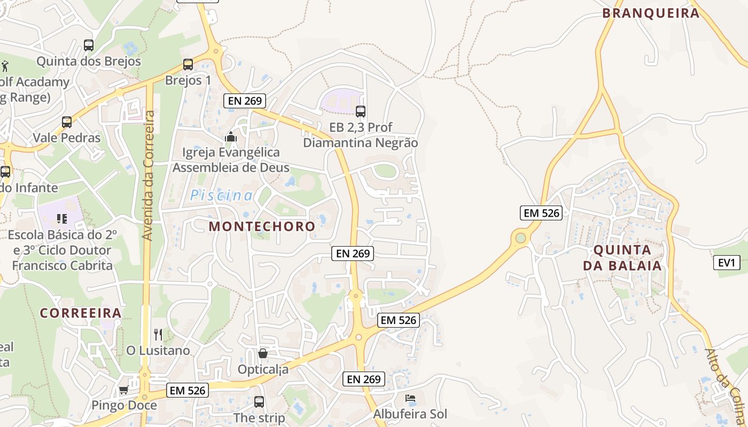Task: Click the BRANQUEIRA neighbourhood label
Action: click(x=651, y=13)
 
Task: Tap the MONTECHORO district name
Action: click(x=262, y=226)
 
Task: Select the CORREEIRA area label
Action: click(x=81, y=313)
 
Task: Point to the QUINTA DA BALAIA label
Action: click(x=622, y=258)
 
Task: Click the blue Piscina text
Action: click(x=222, y=195)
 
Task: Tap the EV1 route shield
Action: click(x=727, y=263)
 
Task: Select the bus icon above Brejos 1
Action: click(x=188, y=65)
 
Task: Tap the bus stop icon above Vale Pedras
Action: click(x=66, y=122)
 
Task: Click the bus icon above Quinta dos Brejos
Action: click(x=89, y=45)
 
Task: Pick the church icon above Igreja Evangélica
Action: click(x=231, y=137)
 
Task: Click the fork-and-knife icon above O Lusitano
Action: click(x=158, y=335)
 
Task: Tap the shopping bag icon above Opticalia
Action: click(x=263, y=353)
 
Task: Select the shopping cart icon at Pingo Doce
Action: click(x=123, y=390)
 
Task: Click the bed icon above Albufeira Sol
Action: click(x=410, y=398)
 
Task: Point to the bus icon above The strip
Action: click(x=259, y=402)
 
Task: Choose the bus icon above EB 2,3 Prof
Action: click(x=361, y=112)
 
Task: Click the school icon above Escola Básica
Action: click(x=62, y=219)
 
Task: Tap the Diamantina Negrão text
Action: click(x=360, y=143)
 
